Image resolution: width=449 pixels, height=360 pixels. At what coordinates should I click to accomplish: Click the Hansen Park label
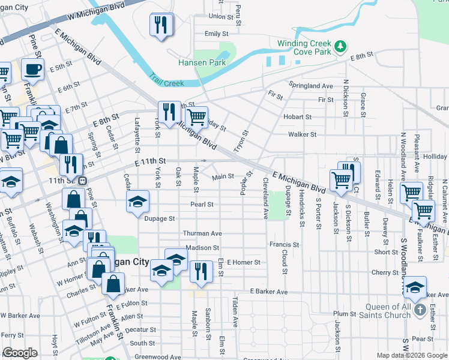click(x=201, y=62)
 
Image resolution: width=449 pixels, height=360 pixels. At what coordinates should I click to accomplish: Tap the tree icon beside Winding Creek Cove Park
click(x=340, y=46)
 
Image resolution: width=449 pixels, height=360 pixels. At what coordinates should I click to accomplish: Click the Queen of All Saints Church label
click(x=388, y=311)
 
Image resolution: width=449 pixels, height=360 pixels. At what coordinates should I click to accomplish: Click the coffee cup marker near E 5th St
click(x=32, y=68)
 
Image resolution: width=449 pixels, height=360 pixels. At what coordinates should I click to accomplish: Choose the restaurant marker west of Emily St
click(x=161, y=25)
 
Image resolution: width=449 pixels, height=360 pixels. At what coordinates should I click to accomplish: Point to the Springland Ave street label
click(x=310, y=86)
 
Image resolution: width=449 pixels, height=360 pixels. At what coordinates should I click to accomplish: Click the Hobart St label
click(x=298, y=117)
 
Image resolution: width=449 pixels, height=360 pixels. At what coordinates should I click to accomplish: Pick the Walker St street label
click(x=302, y=134)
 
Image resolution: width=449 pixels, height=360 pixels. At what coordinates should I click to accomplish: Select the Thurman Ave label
click(x=203, y=233)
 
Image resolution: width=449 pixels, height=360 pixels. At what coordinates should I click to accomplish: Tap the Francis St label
click(x=284, y=245)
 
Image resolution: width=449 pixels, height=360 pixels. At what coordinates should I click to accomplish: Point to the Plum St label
click(x=345, y=314)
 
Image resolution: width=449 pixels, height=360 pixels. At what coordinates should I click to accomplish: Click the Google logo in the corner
click(x=20, y=353)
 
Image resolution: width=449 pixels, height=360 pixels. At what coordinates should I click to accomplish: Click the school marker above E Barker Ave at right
click(x=414, y=287)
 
